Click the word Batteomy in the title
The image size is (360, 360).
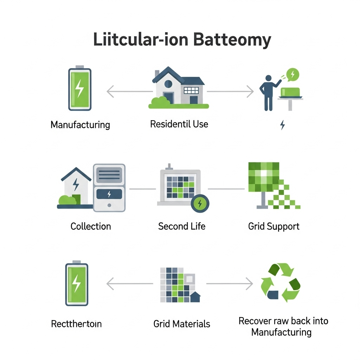point(232,40)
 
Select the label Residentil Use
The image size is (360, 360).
point(179,124)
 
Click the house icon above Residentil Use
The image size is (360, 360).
point(178,86)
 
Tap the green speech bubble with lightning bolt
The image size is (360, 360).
point(292,74)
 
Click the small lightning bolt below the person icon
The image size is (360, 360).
point(282,125)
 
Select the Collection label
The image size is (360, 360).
point(91,226)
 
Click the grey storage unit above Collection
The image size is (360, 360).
point(109,187)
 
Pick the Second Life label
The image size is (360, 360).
point(182,226)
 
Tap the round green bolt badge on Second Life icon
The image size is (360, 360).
point(200,203)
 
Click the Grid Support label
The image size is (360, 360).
point(274,226)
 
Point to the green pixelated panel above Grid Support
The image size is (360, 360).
point(264,177)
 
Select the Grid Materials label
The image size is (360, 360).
point(182,323)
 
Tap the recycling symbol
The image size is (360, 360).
point(281,283)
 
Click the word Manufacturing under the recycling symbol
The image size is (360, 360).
point(281,332)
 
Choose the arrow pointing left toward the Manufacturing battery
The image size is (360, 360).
point(129,92)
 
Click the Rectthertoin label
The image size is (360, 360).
point(76,323)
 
